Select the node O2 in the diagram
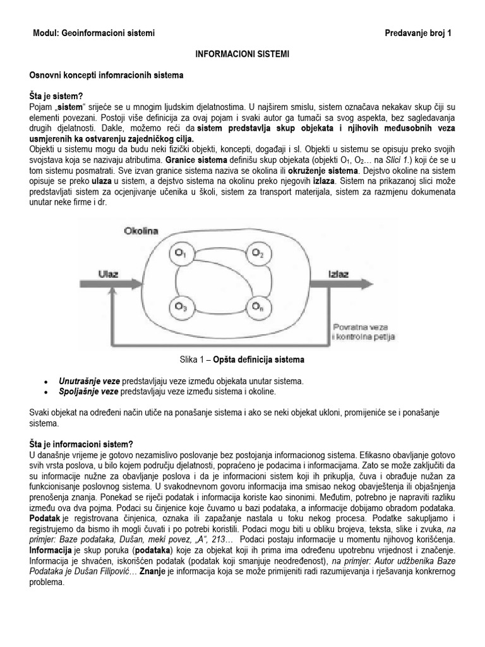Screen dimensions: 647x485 [x=257, y=253]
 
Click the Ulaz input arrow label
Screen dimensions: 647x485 [x=109, y=274]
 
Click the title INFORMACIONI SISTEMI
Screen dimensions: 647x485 [x=242, y=55]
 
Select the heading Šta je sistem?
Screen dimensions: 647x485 [x=56, y=95]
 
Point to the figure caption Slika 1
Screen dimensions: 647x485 [x=242, y=360]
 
